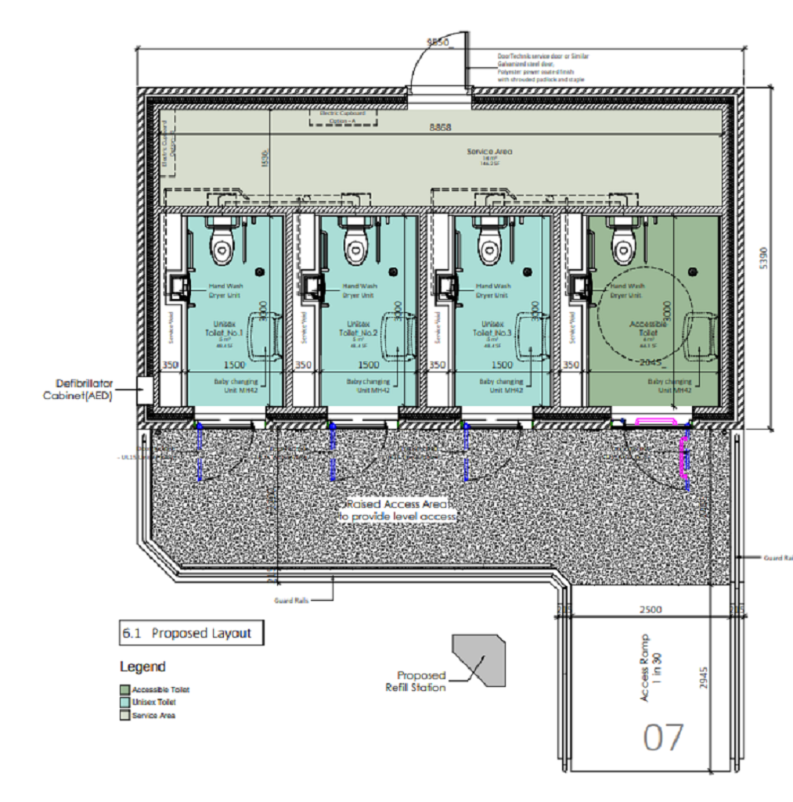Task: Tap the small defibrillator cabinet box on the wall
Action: click(x=144, y=389)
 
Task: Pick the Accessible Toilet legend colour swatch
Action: click(x=124, y=689)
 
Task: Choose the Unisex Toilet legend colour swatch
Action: click(x=124, y=703)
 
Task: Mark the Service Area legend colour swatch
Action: click(x=124, y=715)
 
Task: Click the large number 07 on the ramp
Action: click(x=663, y=737)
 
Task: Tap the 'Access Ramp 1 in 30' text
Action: click(x=649, y=667)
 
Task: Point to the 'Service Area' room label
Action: click(x=489, y=152)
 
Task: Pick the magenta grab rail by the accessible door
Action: click(x=683, y=458)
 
